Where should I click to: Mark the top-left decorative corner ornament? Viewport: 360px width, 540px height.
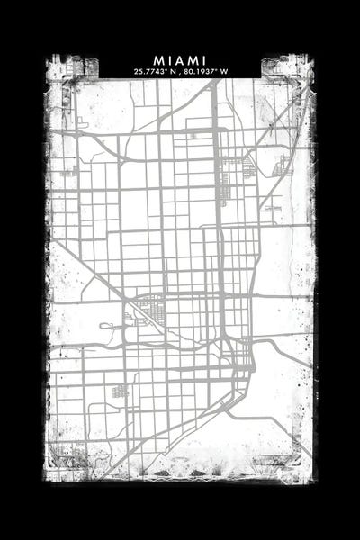pos(62,70)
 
